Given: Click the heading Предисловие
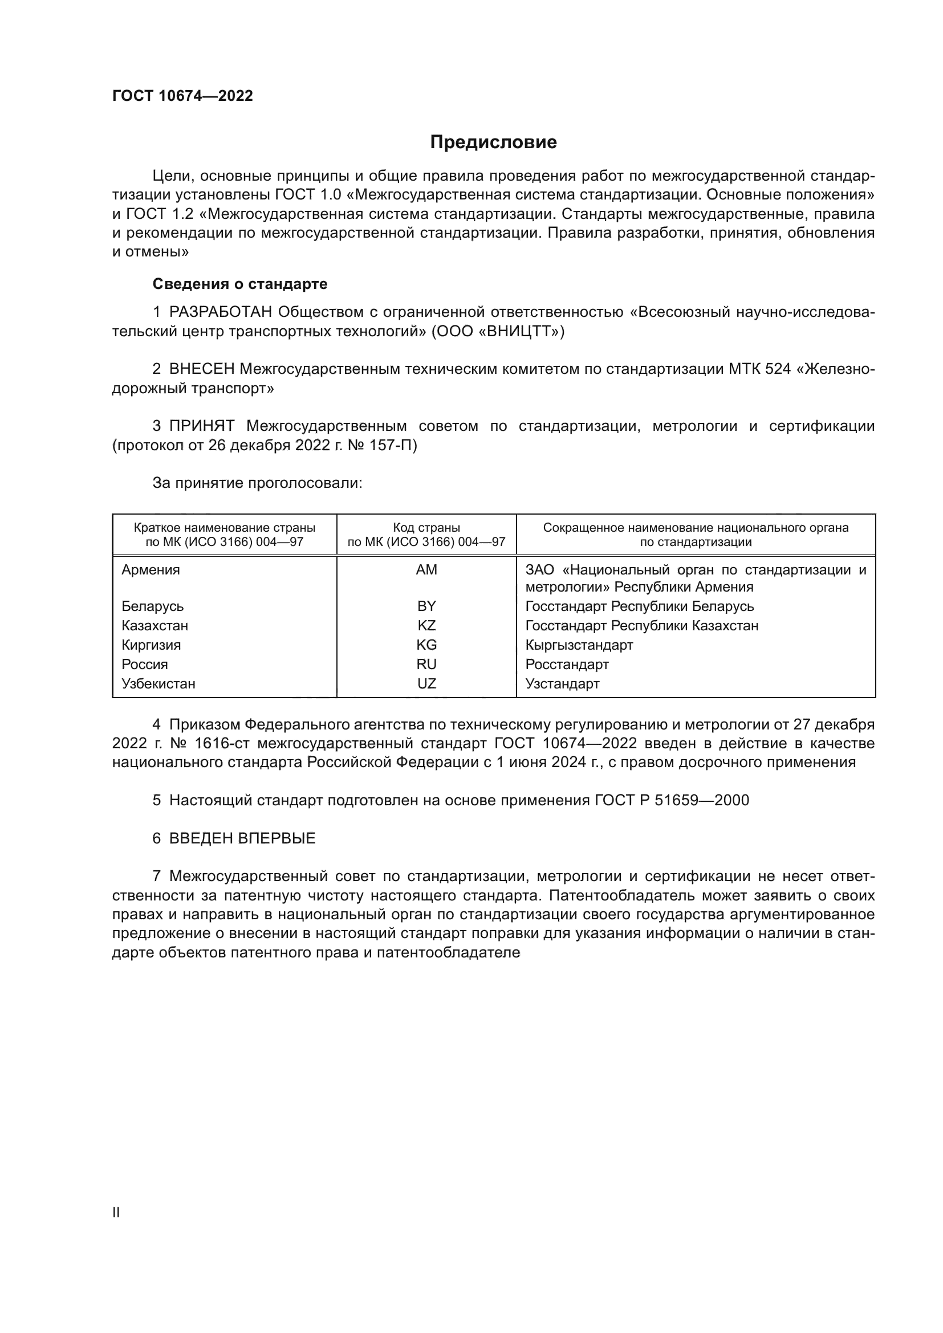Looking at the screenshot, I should coord(493,142).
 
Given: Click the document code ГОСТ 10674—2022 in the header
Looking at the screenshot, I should coord(182,96).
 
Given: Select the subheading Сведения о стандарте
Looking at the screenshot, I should coord(240,284).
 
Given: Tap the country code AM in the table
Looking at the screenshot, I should coord(426,569).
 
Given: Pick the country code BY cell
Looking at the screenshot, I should coord(426,606).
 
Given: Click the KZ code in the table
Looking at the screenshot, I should coord(426,625).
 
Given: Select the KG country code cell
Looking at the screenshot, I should coord(426,645).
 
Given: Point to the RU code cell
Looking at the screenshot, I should coord(426,664).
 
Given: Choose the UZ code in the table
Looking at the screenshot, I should coord(426,683).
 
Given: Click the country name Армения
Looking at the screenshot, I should coord(151,569).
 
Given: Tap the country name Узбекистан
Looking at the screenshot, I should coord(158,683).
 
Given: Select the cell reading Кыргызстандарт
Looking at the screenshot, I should coord(579,645).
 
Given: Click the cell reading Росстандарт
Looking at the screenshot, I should coord(567,664).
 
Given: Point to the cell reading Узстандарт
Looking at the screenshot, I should coord(562,683).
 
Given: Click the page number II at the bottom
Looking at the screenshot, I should coord(116,1212).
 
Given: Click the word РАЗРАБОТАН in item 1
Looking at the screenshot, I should coord(220,312).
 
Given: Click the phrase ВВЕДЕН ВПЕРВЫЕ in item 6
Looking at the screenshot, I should coord(242,838).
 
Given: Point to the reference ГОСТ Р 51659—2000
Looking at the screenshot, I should coord(672,800).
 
